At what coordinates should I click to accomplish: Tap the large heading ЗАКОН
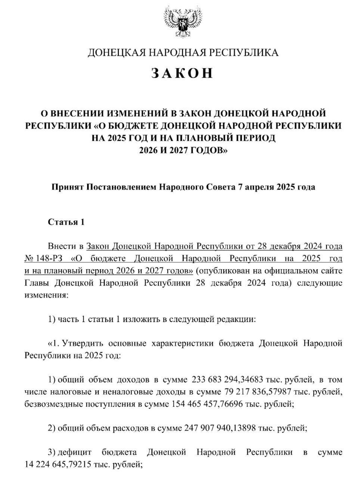[183, 73]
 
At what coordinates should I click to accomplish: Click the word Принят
[67, 187]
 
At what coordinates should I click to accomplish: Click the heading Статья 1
[66, 222]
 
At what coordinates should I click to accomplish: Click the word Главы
[37, 283]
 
